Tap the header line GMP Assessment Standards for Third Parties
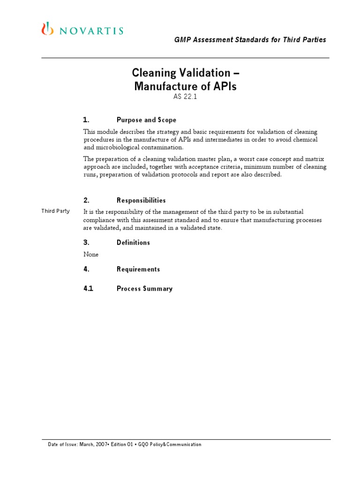click(250, 40)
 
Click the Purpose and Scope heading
click(146, 120)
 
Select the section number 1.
click(86, 120)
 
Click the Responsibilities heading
click(141, 200)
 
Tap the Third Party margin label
click(55, 211)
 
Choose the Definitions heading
click(133, 242)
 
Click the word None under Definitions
click(91, 255)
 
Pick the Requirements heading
click(138, 269)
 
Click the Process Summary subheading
click(144, 289)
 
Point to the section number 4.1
click(88, 289)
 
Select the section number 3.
click(86, 242)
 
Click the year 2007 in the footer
click(115, 444)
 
